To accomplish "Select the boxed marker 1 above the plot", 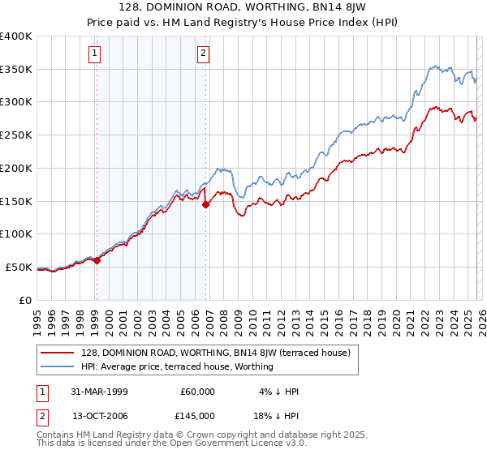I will point(95,54).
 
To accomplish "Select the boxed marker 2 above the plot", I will point(202,54).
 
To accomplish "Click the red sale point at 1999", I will point(97,260).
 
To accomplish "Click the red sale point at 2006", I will point(205,204).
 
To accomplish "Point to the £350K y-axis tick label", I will point(15,70).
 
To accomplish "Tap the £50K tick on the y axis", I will point(18,267).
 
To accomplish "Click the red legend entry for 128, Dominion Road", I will point(215,353).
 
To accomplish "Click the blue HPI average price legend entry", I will point(177,366).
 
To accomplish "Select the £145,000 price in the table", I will point(198,415).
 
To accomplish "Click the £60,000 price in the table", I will point(198,392).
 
